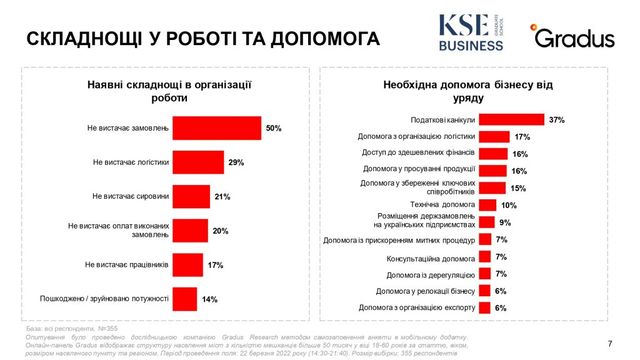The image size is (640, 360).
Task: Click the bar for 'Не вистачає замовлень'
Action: [219, 129]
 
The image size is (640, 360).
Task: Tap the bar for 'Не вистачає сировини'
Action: [195, 196]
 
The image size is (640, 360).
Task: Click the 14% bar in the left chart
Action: [186, 298]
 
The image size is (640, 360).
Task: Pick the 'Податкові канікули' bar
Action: [512, 119]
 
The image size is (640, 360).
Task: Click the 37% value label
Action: [556, 119]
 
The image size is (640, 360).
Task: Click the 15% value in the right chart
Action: [518, 187]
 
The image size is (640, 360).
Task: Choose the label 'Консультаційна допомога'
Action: [423, 257]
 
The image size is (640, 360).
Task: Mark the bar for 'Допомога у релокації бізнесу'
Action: [485, 290]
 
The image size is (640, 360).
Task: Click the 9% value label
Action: [505, 222]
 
